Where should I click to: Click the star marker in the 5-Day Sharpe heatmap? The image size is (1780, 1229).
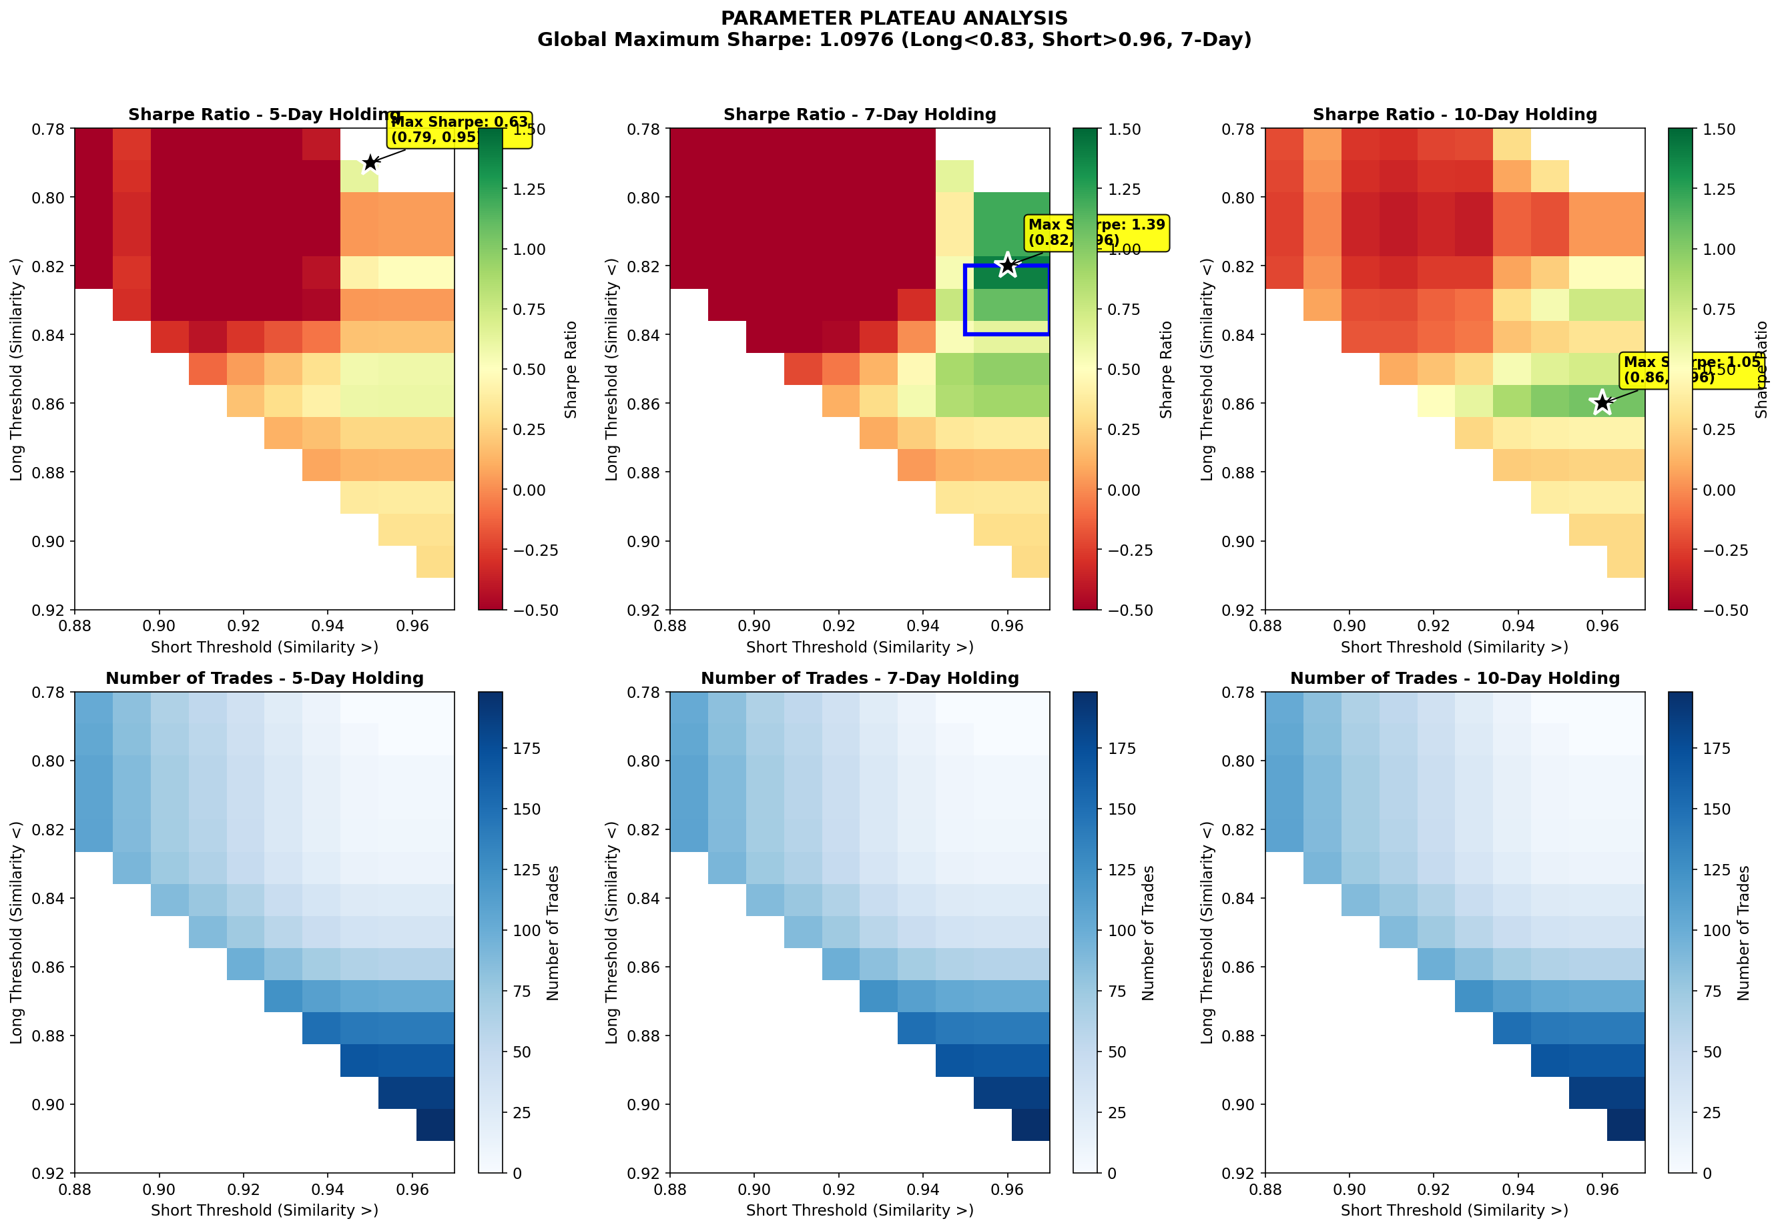point(370,163)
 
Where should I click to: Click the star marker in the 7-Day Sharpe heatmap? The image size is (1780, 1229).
point(1007,265)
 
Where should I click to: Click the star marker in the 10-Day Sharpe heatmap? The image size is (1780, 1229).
point(1602,402)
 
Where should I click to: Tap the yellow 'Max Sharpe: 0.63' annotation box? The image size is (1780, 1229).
point(460,129)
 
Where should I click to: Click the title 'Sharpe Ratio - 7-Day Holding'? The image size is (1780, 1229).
point(860,115)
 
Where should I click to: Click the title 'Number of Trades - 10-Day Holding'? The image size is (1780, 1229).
point(1454,679)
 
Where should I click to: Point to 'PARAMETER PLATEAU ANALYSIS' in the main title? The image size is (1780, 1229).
point(894,19)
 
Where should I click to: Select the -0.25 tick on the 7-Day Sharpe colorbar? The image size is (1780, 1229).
point(1130,550)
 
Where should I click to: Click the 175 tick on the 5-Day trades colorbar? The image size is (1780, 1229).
point(527,749)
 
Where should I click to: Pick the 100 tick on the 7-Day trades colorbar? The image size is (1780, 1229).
point(1122,930)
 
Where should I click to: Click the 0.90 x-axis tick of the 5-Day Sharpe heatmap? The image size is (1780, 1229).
point(160,625)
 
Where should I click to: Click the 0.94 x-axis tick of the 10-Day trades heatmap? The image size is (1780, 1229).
point(1518,1189)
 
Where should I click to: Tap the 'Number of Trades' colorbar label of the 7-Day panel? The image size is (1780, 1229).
point(1149,932)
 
